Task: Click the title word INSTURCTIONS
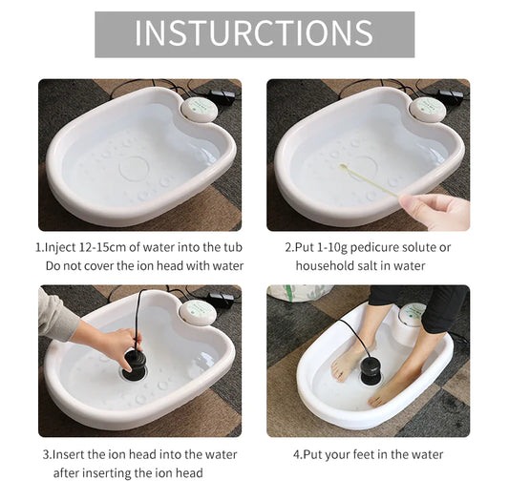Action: click(254, 32)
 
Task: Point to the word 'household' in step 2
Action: click(328, 265)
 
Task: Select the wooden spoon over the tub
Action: click(368, 179)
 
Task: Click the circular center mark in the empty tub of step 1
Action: click(134, 167)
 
